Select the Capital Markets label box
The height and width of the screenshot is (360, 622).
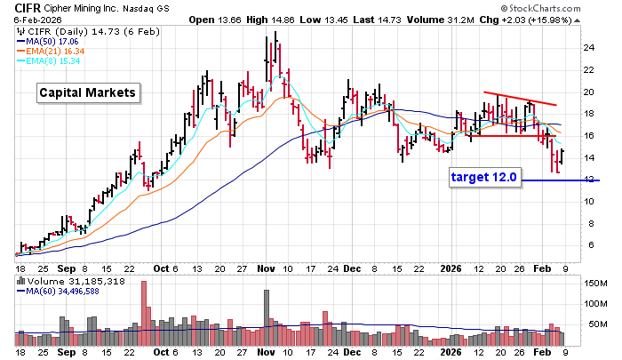pyautogui.click(x=87, y=92)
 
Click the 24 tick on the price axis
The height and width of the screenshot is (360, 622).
pyautogui.click(x=588, y=48)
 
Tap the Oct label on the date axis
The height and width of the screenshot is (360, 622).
pyautogui.click(x=160, y=267)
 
